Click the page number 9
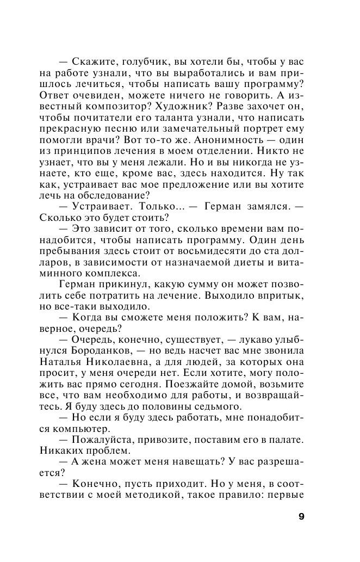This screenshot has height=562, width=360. coord(301,516)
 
